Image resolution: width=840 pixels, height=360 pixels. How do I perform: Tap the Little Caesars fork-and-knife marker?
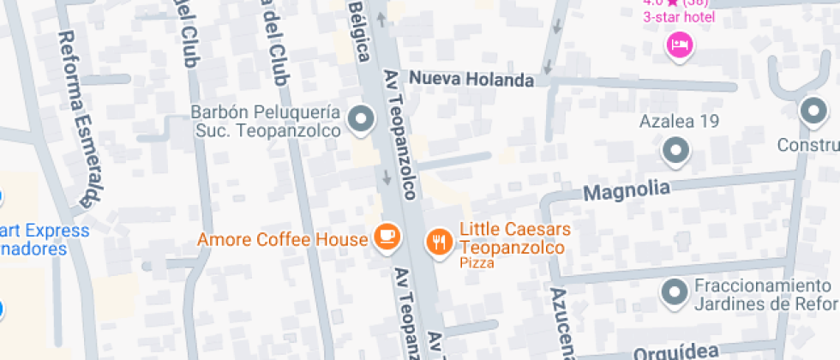(x=438, y=242)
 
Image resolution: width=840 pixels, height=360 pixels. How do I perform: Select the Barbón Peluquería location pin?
(x=361, y=118)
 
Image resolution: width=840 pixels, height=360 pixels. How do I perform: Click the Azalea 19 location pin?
(x=677, y=151)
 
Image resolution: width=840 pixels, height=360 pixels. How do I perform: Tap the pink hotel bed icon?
(x=679, y=44)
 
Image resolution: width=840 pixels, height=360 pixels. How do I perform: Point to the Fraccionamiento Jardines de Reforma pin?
(x=675, y=292)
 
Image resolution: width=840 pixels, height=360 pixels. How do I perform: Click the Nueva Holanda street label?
(x=471, y=79)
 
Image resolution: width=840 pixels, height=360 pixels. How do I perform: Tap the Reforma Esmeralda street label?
(x=80, y=120)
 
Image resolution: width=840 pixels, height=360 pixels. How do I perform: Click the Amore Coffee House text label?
(x=283, y=239)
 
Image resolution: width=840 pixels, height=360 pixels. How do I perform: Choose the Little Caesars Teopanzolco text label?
(x=513, y=239)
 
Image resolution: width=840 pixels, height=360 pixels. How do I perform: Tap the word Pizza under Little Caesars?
(x=477, y=263)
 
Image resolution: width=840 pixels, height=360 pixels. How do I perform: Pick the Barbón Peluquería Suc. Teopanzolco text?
(x=266, y=122)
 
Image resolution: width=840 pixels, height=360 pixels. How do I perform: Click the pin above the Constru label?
(x=812, y=111)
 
